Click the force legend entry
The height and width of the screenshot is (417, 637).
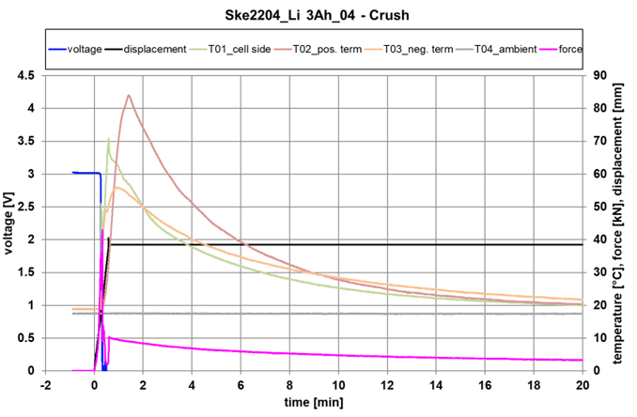tap(580, 49)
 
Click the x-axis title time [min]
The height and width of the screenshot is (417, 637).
tap(314, 403)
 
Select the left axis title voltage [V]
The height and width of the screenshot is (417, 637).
tap(10, 223)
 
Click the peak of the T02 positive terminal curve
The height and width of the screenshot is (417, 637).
tap(128, 95)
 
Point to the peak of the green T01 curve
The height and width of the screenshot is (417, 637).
tap(109, 139)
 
